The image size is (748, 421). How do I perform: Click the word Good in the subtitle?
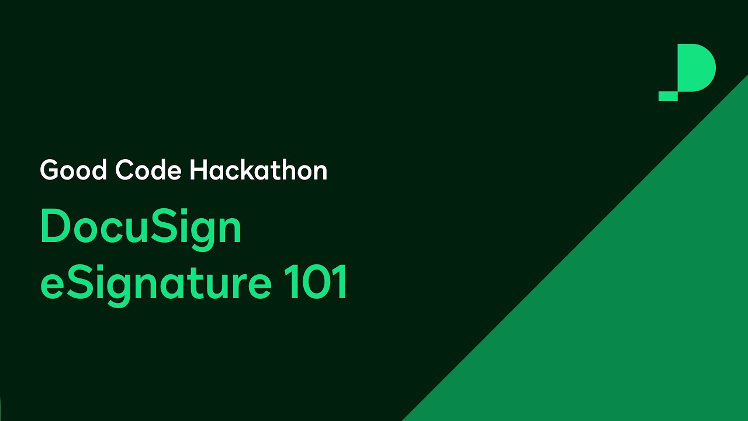pos(74,170)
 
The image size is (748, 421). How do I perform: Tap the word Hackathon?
pos(258,170)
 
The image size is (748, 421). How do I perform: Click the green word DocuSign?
pos(141,229)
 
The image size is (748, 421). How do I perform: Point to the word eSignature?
pos(155,284)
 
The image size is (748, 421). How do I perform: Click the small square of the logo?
pos(668,96)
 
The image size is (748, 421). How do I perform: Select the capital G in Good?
pos(50,170)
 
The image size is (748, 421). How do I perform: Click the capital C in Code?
pos(125,170)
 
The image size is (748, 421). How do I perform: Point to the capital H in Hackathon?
pos(198,170)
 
